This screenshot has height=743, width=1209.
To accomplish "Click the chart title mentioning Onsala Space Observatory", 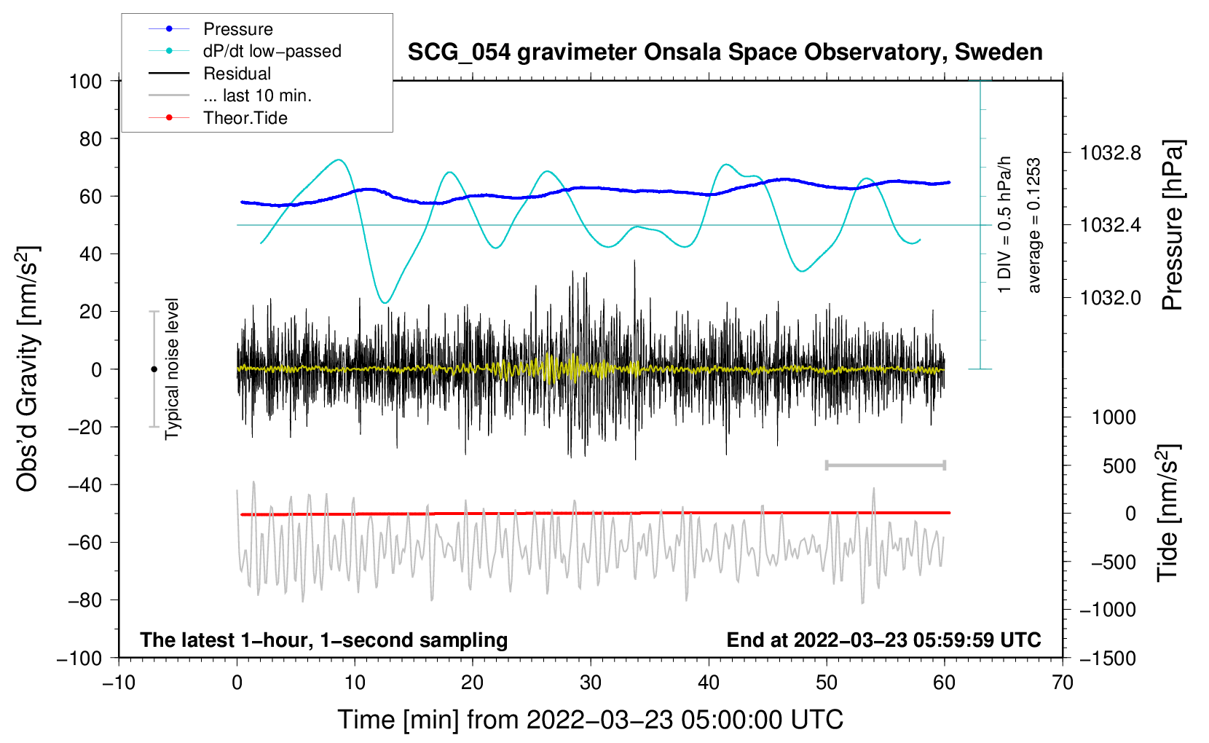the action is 725,52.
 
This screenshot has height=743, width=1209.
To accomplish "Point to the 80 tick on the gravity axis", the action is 90,139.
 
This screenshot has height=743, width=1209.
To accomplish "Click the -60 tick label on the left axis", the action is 84,542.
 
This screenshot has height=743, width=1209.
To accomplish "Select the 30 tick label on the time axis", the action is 591,683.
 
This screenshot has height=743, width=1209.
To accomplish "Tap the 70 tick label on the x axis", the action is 1062,683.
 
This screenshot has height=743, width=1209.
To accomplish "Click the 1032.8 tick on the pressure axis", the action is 1110,154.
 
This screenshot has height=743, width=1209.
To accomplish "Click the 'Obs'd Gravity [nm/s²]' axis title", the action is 27,369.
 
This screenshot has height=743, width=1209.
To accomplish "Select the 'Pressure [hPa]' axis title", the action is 1173,225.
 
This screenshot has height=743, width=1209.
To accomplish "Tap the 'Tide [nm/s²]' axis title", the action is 1168,513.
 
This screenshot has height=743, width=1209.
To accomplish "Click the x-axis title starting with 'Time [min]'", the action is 591,720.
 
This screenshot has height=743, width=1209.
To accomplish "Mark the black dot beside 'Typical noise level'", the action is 154,369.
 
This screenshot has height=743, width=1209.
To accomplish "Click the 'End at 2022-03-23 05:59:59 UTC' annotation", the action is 883,640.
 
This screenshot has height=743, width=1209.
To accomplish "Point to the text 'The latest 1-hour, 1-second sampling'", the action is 324,640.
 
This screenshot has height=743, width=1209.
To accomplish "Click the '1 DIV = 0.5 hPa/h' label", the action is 1004,224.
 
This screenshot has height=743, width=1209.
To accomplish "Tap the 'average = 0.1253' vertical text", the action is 1033,225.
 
